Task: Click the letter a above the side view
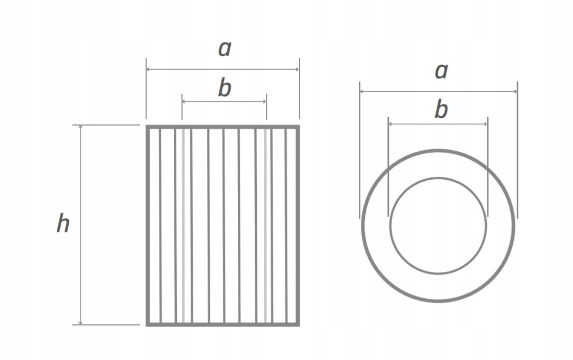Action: coord(224,49)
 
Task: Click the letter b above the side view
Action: coord(224,88)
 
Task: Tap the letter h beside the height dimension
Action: coord(63,224)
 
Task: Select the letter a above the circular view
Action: coord(441,71)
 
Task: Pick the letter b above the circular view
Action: coord(441,110)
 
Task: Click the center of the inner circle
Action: coord(438,226)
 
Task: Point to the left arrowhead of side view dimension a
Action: coord(149,69)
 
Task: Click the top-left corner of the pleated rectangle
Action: coord(147,126)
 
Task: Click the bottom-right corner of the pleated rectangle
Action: coord(298,324)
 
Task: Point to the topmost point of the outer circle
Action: coord(438,151)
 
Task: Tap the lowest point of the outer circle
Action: coord(438,301)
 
